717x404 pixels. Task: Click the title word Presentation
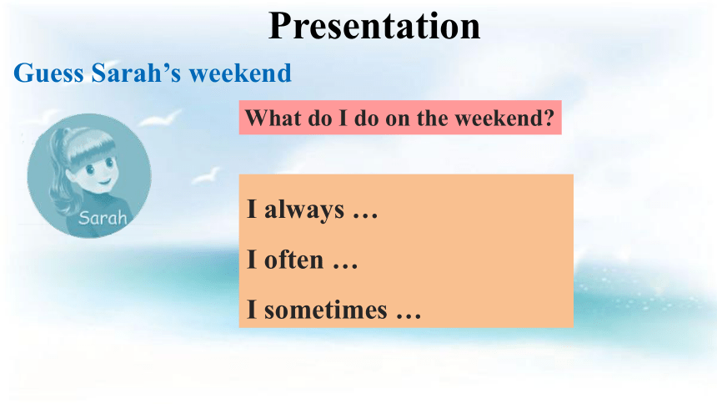[374, 26]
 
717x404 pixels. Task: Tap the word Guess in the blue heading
[48, 73]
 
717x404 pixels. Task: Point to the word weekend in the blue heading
[240, 73]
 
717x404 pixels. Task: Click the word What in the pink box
[273, 118]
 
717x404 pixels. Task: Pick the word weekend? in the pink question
[504, 118]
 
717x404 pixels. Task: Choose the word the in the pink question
[432, 118]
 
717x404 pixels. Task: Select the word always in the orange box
[304, 210]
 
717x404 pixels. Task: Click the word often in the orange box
[294, 260]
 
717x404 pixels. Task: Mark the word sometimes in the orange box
[326, 310]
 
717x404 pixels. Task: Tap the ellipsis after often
[345, 266]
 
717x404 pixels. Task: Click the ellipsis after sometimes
[409, 316]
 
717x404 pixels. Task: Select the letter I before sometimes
[252, 309]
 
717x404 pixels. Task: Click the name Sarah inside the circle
[103, 218]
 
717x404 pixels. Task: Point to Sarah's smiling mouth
[104, 182]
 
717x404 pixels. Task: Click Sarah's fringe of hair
[92, 148]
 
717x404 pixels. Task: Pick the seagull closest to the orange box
[206, 176]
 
